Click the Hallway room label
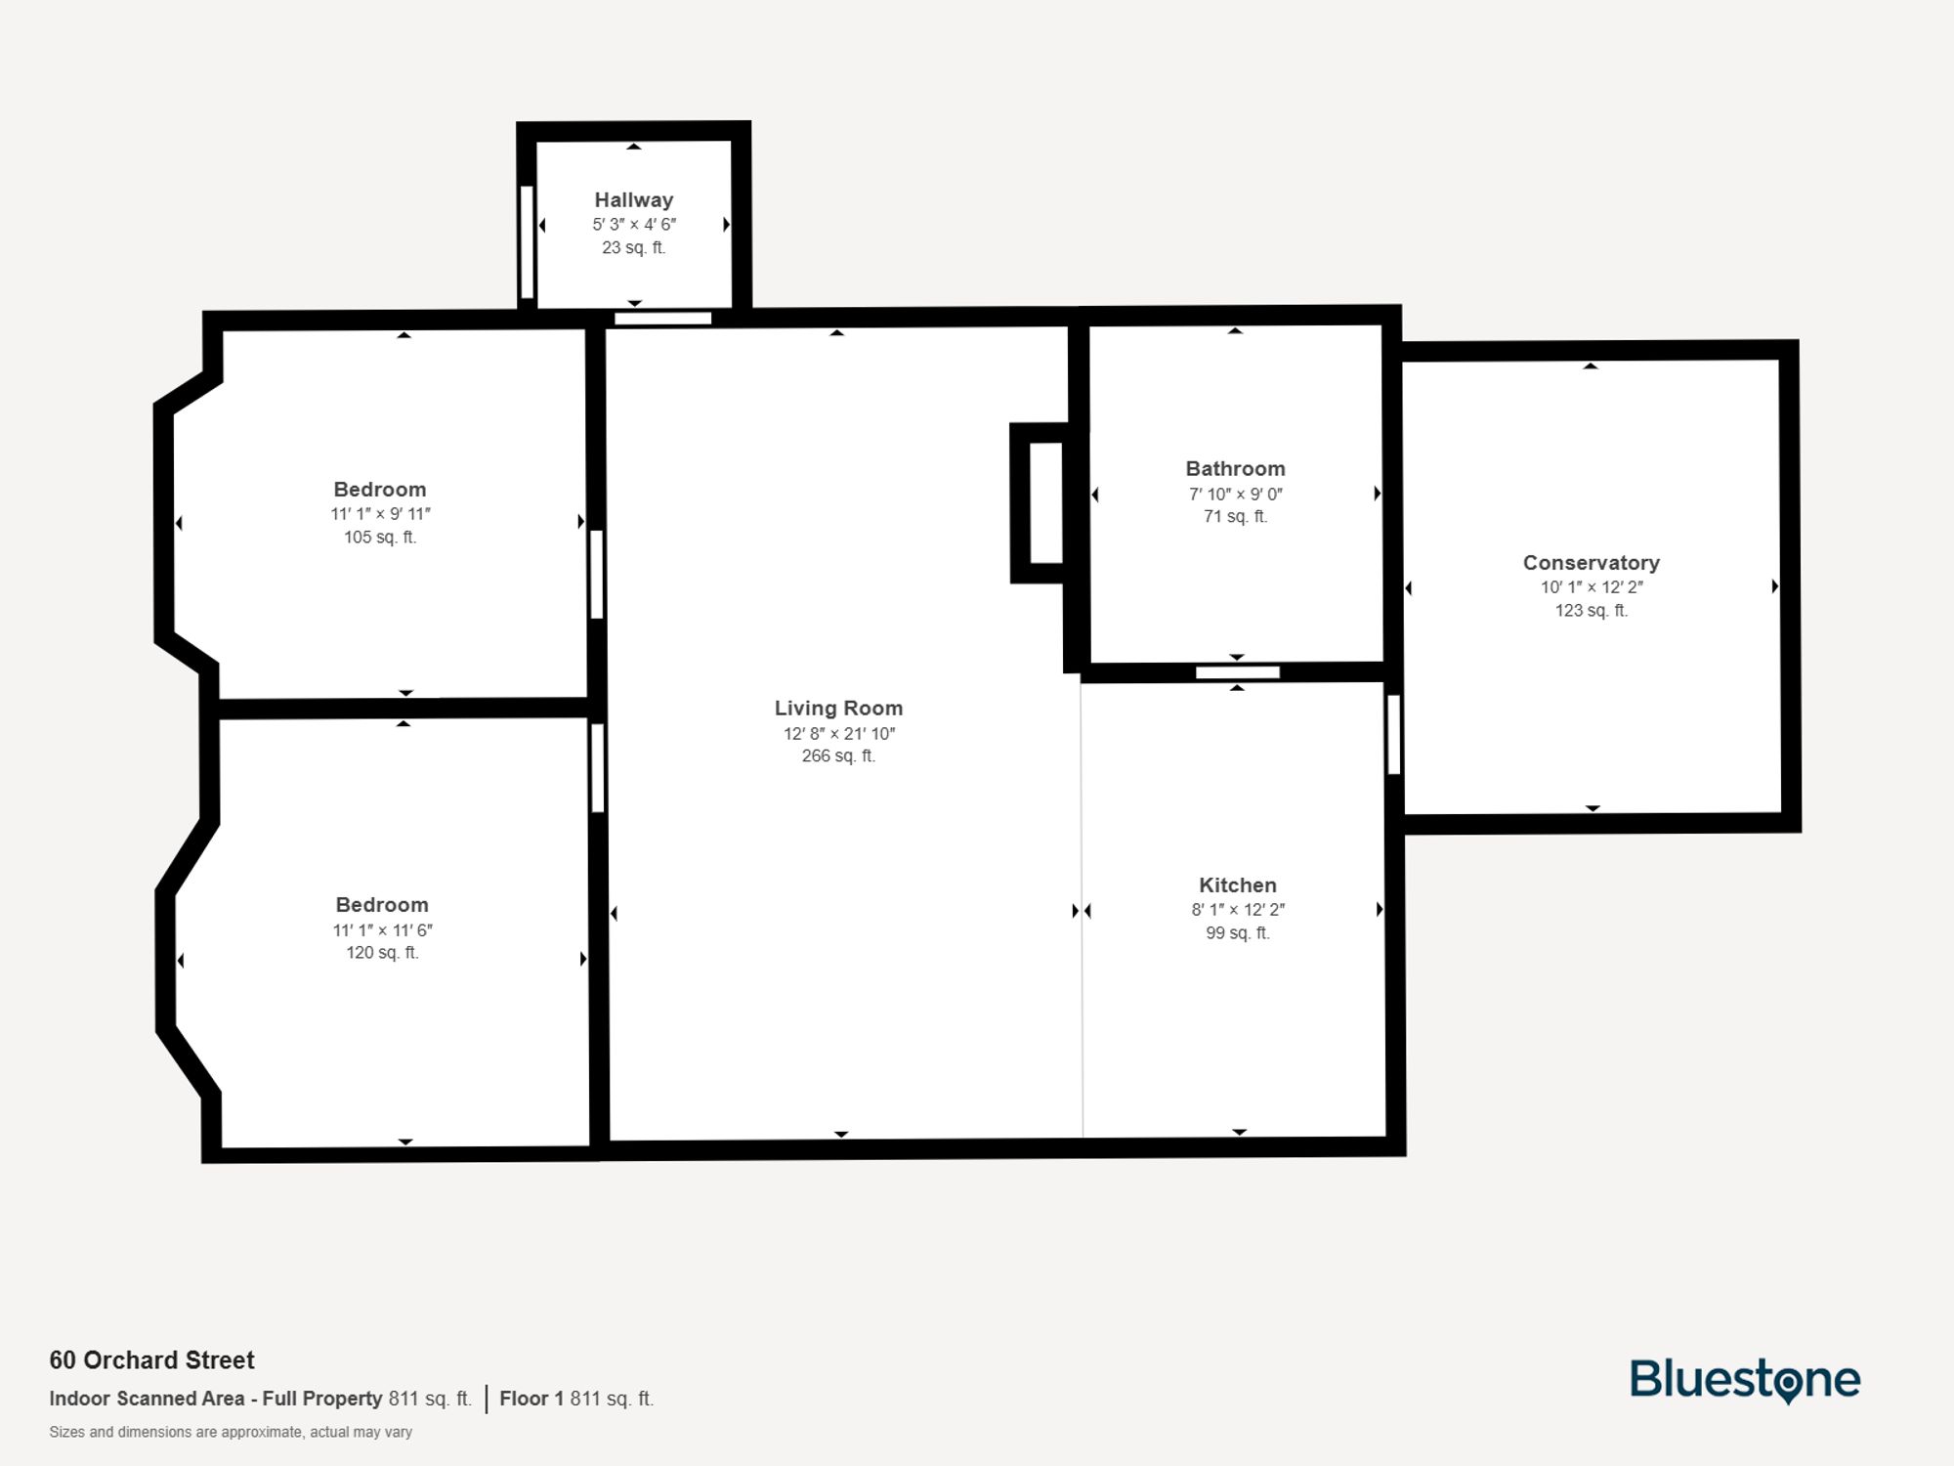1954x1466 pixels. (x=633, y=199)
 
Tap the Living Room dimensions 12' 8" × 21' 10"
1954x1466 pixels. (x=838, y=733)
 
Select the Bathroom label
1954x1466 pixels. (x=1235, y=468)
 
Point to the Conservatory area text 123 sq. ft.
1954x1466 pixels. (x=1591, y=610)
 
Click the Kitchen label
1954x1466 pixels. (x=1237, y=884)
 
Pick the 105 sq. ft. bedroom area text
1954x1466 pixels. (x=380, y=537)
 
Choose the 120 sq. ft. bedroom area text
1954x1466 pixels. (x=382, y=952)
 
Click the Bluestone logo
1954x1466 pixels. (x=1744, y=1380)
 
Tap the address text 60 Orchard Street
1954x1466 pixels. (x=151, y=1359)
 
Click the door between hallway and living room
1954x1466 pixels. (x=662, y=318)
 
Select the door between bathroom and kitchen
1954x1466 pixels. (x=1237, y=672)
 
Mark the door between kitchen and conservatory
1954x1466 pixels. (x=1394, y=734)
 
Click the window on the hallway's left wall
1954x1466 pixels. (x=527, y=241)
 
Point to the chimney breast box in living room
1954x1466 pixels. (x=1045, y=502)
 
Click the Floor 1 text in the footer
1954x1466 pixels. (x=531, y=1399)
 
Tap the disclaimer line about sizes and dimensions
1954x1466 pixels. (x=231, y=1432)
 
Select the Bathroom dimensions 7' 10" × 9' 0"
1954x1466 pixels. (x=1235, y=494)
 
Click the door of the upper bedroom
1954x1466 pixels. (x=596, y=574)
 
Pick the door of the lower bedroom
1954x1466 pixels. (x=597, y=767)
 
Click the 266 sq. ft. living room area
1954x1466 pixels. (x=838, y=755)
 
